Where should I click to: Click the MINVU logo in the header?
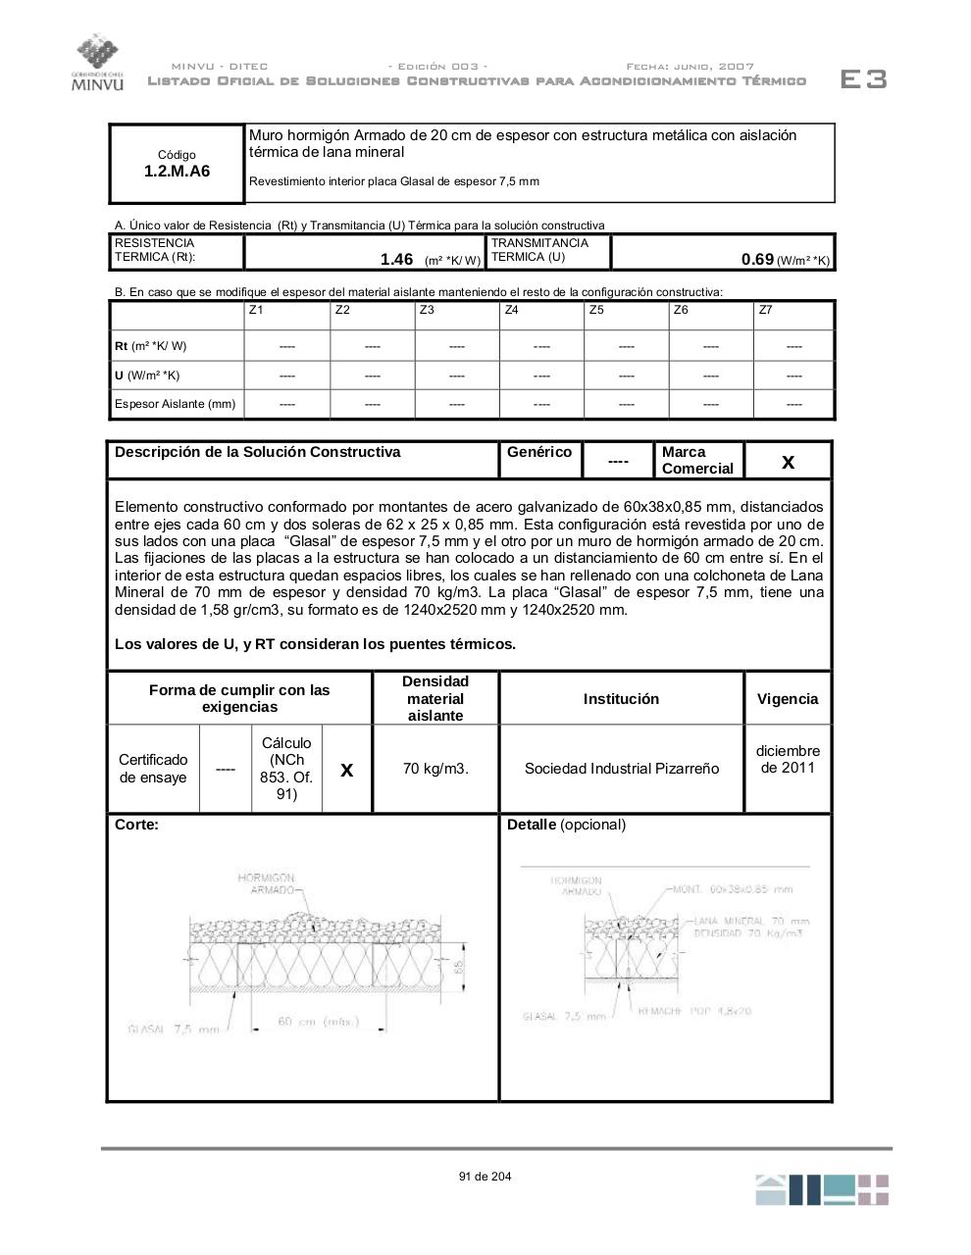point(97,63)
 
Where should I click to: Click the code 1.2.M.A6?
point(177,171)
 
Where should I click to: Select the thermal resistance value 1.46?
point(396,259)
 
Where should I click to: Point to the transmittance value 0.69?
point(757,259)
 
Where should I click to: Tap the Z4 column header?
point(511,310)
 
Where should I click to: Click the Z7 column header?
point(765,310)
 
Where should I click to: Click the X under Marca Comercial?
point(788,462)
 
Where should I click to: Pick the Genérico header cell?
point(538,452)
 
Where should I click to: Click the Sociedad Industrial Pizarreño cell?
point(621,769)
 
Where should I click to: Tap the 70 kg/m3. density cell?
point(435,769)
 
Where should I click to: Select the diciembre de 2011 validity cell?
point(787,759)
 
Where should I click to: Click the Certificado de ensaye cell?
point(153,769)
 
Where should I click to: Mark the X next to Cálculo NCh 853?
point(346,771)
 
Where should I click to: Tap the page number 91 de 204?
point(485,1177)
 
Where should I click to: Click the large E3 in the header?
point(863,79)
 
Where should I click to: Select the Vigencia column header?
point(787,699)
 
